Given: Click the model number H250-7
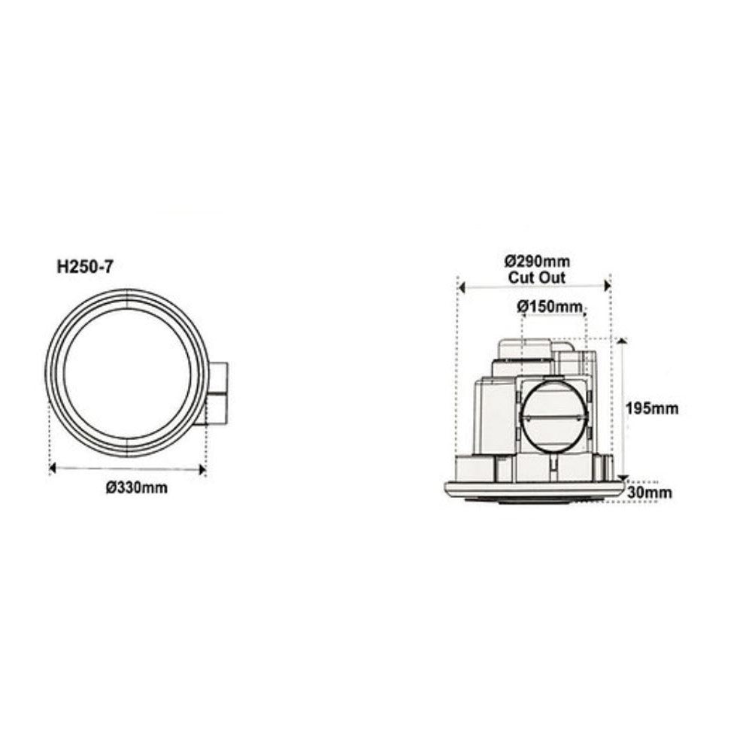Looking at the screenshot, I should pyautogui.click(x=84, y=265).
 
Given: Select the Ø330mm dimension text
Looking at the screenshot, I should pyautogui.click(x=136, y=487).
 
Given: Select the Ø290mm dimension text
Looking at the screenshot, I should pyautogui.click(x=537, y=262).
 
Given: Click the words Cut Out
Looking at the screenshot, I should pyautogui.click(x=537, y=277).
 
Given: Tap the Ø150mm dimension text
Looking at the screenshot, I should pyautogui.click(x=550, y=306).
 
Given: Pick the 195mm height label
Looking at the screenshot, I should pyautogui.click(x=652, y=408).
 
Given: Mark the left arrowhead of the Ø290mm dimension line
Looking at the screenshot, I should pyautogui.click(x=462, y=287).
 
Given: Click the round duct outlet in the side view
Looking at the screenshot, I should pyautogui.click(x=554, y=416).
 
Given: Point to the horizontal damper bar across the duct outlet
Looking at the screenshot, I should pyautogui.click(x=554, y=415).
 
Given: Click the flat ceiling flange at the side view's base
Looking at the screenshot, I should pyautogui.click(x=534, y=489).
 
